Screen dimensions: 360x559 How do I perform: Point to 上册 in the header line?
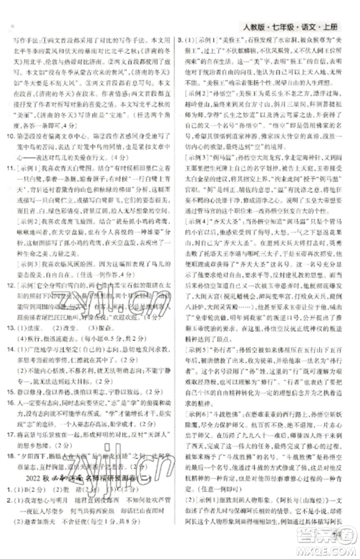click(338, 10)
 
